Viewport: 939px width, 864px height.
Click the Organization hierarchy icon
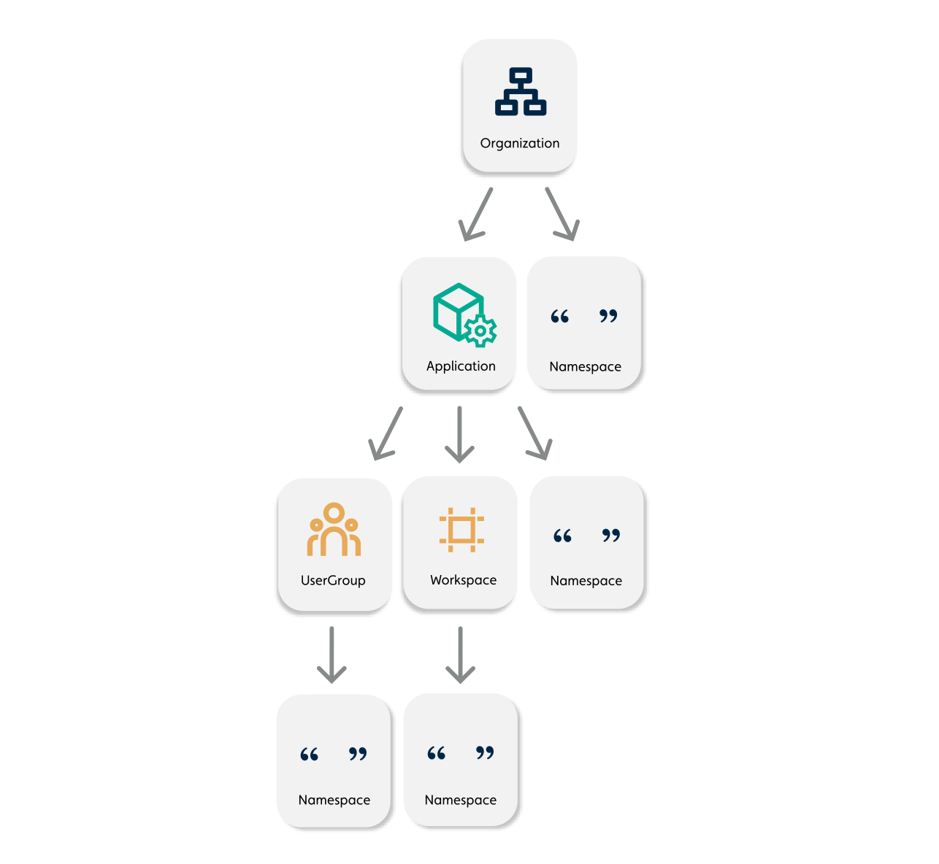point(520,92)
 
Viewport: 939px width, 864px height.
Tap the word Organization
point(520,143)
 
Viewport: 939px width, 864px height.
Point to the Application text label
point(461,366)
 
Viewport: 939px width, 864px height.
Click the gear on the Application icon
point(480,331)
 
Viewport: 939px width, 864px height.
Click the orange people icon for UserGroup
point(334,530)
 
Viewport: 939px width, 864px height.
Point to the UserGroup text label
point(333,581)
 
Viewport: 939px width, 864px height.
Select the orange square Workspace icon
point(461,529)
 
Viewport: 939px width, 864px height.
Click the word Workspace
point(463,580)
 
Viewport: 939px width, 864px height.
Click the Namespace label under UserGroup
point(334,800)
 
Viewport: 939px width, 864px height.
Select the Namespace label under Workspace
point(460,800)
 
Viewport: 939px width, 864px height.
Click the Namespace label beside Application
point(585,366)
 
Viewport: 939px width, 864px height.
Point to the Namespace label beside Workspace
point(586,581)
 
